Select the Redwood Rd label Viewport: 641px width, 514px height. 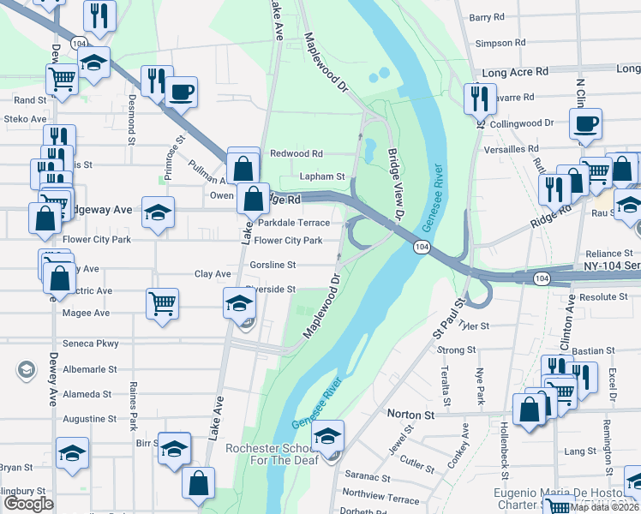(x=296, y=153)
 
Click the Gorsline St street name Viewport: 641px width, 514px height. (x=273, y=266)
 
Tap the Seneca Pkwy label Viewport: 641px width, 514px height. (x=91, y=344)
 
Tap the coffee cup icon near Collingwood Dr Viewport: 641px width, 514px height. (x=587, y=123)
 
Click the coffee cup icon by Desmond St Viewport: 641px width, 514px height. (x=181, y=91)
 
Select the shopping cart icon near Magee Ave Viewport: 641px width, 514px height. (x=162, y=302)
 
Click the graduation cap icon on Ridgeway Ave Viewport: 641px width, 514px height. (x=158, y=212)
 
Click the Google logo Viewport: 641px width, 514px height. (x=28, y=504)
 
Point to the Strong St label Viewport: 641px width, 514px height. (x=456, y=350)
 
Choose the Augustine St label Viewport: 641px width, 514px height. (x=90, y=420)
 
